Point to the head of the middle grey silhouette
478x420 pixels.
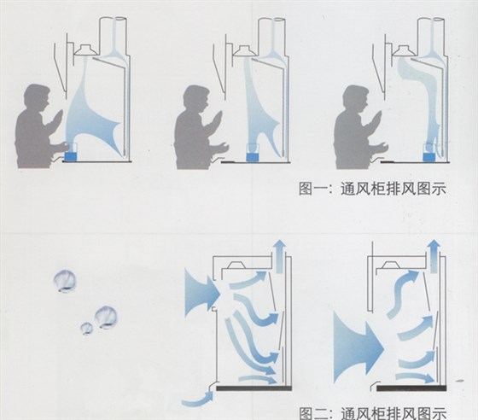click(197, 99)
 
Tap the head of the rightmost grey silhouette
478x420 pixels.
click(356, 100)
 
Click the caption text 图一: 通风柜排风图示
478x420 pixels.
click(372, 189)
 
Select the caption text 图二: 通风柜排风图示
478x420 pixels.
click(372, 413)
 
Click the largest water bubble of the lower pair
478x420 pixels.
click(106, 318)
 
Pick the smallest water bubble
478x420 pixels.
click(86, 329)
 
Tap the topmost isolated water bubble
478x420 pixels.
click(65, 281)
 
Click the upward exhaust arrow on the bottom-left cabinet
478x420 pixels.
click(280, 256)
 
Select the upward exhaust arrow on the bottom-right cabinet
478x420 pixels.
click(434, 256)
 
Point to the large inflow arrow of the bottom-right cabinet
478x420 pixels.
click(358, 347)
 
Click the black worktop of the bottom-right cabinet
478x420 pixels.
click(411, 388)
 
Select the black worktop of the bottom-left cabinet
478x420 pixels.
click(254, 388)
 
